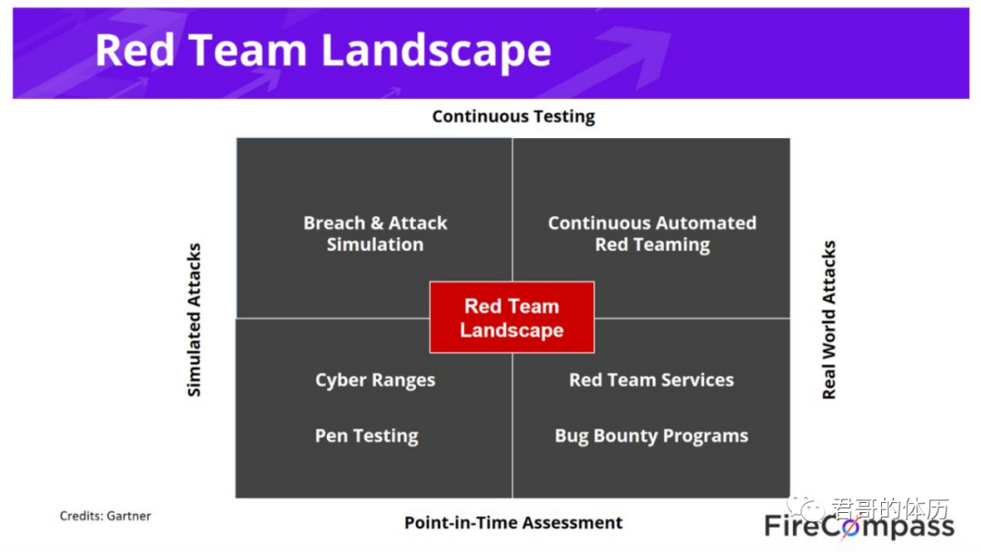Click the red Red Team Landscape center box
(x=511, y=317)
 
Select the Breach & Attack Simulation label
(x=375, y=233)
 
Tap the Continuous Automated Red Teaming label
(x=652, y=233)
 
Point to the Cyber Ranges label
(x=375, y=380)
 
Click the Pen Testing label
(x=367, y=436)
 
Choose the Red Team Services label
(x=651, y=379)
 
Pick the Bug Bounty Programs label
(x=651, y=436)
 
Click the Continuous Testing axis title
(x=513, y=116)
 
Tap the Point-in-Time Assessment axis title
(x=513, y=522)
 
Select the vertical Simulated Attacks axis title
(x=194, y=320)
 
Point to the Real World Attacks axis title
(x=829, y=320)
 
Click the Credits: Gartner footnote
(x=105, y=516)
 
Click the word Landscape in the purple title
(x=436, y=51)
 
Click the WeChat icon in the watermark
(x=806, y=507)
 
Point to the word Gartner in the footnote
(x=129, y=516)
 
